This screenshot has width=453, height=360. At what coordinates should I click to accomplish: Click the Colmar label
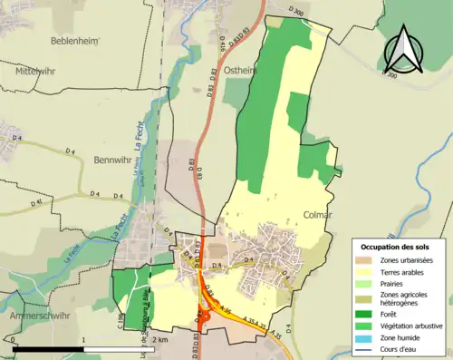click(x=318, y=215)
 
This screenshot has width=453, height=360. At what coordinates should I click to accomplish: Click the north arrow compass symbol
click(x=402, y=51)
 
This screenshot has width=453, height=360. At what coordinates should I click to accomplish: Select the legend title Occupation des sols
click(x=397, y=247)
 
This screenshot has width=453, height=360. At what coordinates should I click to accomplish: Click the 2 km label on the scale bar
click(x=159, y=340)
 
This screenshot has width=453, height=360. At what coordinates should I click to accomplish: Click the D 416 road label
click(x=222, y=43)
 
